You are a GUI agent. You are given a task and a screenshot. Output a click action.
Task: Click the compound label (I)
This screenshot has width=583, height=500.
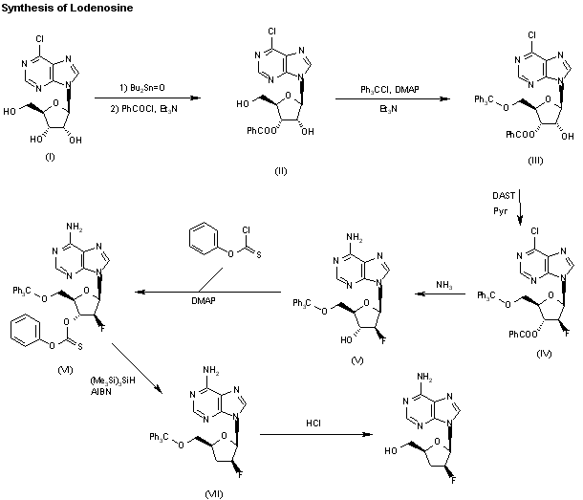[50, 158]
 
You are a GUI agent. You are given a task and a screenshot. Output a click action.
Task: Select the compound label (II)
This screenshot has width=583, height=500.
[280, 171]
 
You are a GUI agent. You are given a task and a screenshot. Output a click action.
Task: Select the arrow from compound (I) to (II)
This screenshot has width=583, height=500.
[143, 98]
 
